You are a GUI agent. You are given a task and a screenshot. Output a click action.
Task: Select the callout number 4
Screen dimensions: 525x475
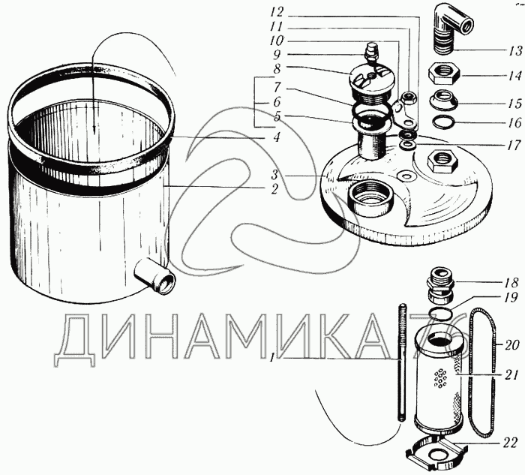click(x=276, y=137)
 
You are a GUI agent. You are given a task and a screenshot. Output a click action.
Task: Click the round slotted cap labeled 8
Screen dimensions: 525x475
click(x=372, y=84)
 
